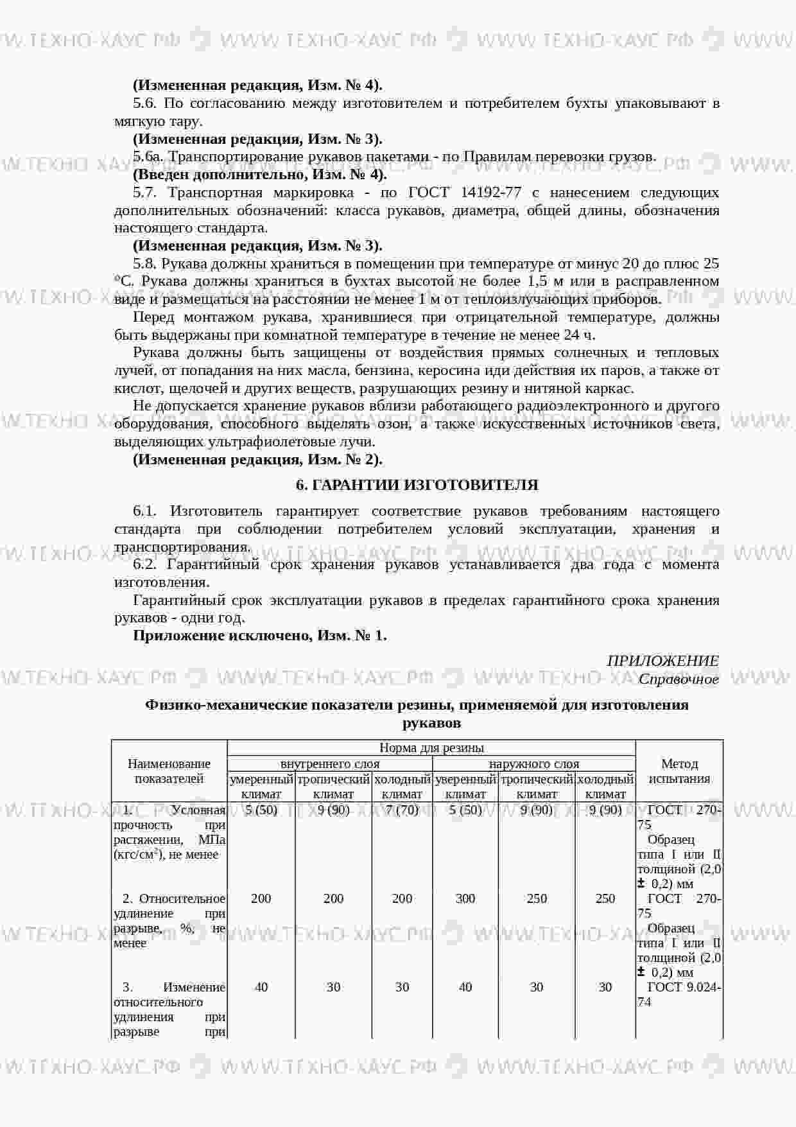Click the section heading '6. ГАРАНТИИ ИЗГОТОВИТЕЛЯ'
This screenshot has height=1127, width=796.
coord(417,485)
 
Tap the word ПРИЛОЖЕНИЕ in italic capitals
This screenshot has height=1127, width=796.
coord(662,661)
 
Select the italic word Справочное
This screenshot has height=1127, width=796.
coord(679,679)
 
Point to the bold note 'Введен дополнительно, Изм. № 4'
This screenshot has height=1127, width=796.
coord(259,175)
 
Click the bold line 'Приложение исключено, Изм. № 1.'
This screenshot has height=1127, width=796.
coord(259,636)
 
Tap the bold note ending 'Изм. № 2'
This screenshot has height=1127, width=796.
coord(257,460)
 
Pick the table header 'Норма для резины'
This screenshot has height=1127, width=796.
coord(431,748)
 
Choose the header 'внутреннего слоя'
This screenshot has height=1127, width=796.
coord(330,764)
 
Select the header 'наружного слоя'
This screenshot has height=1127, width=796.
coord(534,764)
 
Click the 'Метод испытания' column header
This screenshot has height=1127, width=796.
coord(679,771)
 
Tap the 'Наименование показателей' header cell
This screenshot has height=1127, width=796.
coord(169,771)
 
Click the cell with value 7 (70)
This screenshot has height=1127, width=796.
coord(402,810)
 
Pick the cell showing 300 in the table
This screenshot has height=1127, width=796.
coord(465,899)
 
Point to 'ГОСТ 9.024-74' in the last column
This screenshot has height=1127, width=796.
coord(679,995)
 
